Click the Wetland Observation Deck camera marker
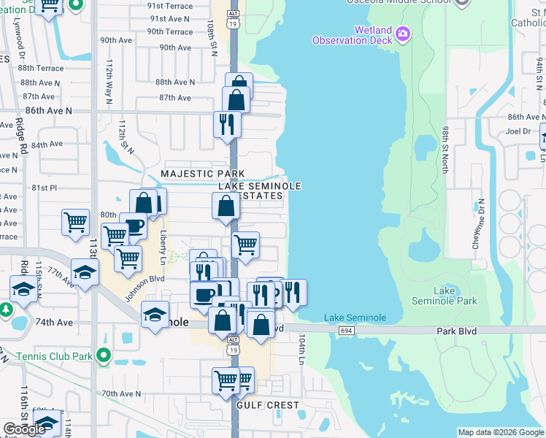point(403,34)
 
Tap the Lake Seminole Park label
point(455,296)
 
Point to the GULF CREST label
point(268,405)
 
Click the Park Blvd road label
point(456,331)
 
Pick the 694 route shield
point(347,331)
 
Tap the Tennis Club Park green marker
point(104,356)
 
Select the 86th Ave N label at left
point(49,110)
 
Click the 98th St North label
point(445,148)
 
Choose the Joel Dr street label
point(518,131)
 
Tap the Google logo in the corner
point(24,429)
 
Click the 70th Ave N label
point(121,393)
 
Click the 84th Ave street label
point(47,145)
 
